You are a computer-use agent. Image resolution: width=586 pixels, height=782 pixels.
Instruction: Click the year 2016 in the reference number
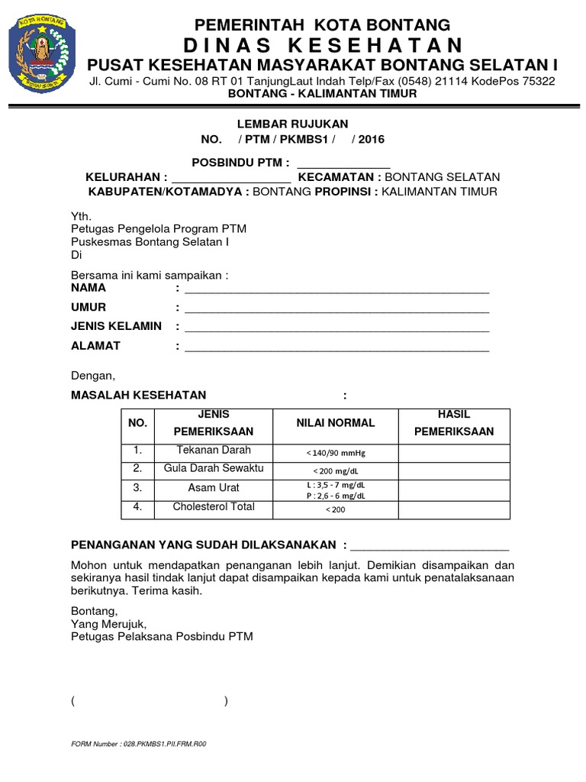click(x=371, y=139)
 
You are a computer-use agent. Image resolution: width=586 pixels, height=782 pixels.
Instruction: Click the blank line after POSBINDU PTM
click(x=343, y=164)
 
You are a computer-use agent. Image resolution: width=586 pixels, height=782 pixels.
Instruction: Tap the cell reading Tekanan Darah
click(x=214, y=451)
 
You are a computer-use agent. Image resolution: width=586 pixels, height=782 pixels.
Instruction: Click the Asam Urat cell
click(x=214, y=488)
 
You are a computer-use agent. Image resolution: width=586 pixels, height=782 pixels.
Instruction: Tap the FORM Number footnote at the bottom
click(x=138, y=743)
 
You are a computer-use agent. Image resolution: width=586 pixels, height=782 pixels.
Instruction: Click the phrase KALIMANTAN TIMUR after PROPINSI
click(x=439, y=192)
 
